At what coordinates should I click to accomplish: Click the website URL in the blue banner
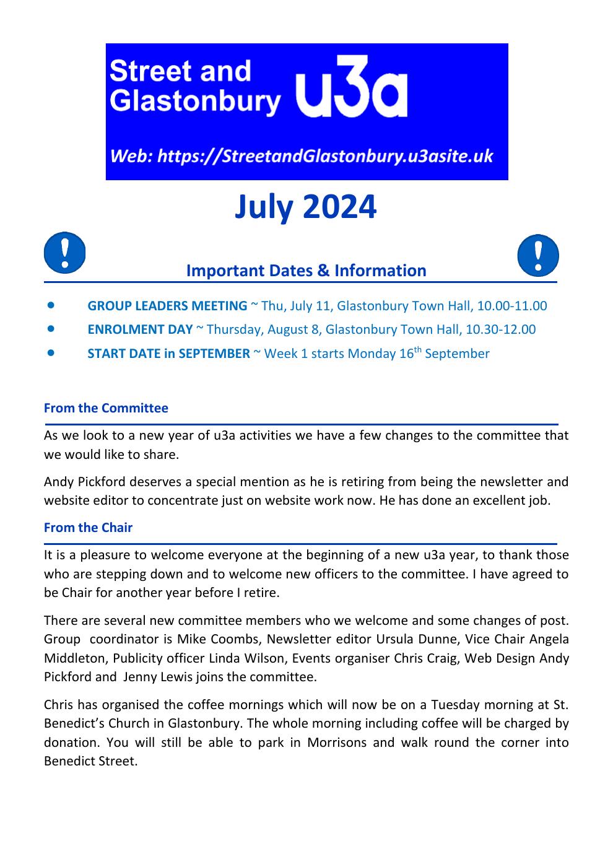click(302, 156)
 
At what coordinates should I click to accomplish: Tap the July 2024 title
click(305, 207)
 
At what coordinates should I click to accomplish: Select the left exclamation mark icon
click(64, 253)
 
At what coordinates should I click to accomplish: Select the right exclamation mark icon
click(537, 255)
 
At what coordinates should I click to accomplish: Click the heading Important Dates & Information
click(306, 271)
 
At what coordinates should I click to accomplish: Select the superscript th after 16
click(419, 349)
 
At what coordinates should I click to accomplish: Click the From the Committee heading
click(106, 408)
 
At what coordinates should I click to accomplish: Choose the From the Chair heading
click(88, 528)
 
